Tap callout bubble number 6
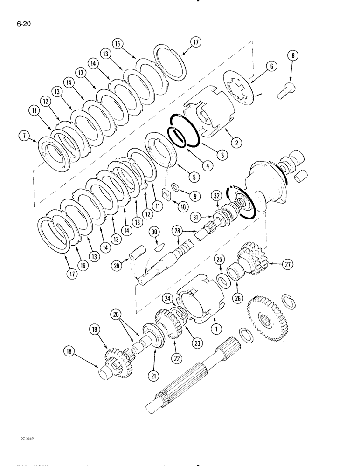click(x=271, y=67)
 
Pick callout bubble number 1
click(x=215, y=329)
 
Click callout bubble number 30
click(x=154, y=232)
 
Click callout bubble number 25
click(x=219, y=259)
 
